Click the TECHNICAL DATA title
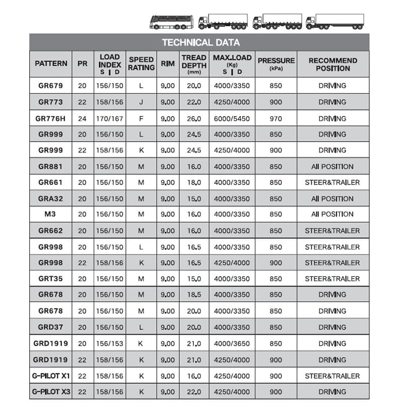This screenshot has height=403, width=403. click(x=200, y=42)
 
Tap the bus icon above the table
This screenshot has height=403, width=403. click(x=171, y=22)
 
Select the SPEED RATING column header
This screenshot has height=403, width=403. click(x=141, y=63)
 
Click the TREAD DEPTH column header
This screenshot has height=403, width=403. click(x=194, y=63)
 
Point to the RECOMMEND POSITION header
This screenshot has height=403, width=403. click(x=332, y=64)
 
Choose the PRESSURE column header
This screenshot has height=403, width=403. click(x=276, y=63)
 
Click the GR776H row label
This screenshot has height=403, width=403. click(x=50, y=118)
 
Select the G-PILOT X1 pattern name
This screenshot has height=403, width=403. click(x=50, y=376)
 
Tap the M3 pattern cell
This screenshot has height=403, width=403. click(x=50, y=215)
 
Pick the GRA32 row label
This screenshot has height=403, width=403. click(x=50, y=198)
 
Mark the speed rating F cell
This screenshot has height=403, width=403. click(x=141, y=118)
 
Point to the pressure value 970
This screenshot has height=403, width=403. click(x=276, y=118)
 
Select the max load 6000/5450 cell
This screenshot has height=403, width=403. click(x=232, y=118)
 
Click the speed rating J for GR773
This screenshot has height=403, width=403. click(x=141, y=102)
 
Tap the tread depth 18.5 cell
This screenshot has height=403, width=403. click(x=194, y=295)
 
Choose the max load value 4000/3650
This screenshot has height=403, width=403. click(x=232, y=344)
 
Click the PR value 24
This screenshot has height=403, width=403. click(x=82, y=118)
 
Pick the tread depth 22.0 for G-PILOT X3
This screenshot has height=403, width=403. click(x=194, y=392)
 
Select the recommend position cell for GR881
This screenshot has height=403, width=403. click(x=332, y=167)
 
